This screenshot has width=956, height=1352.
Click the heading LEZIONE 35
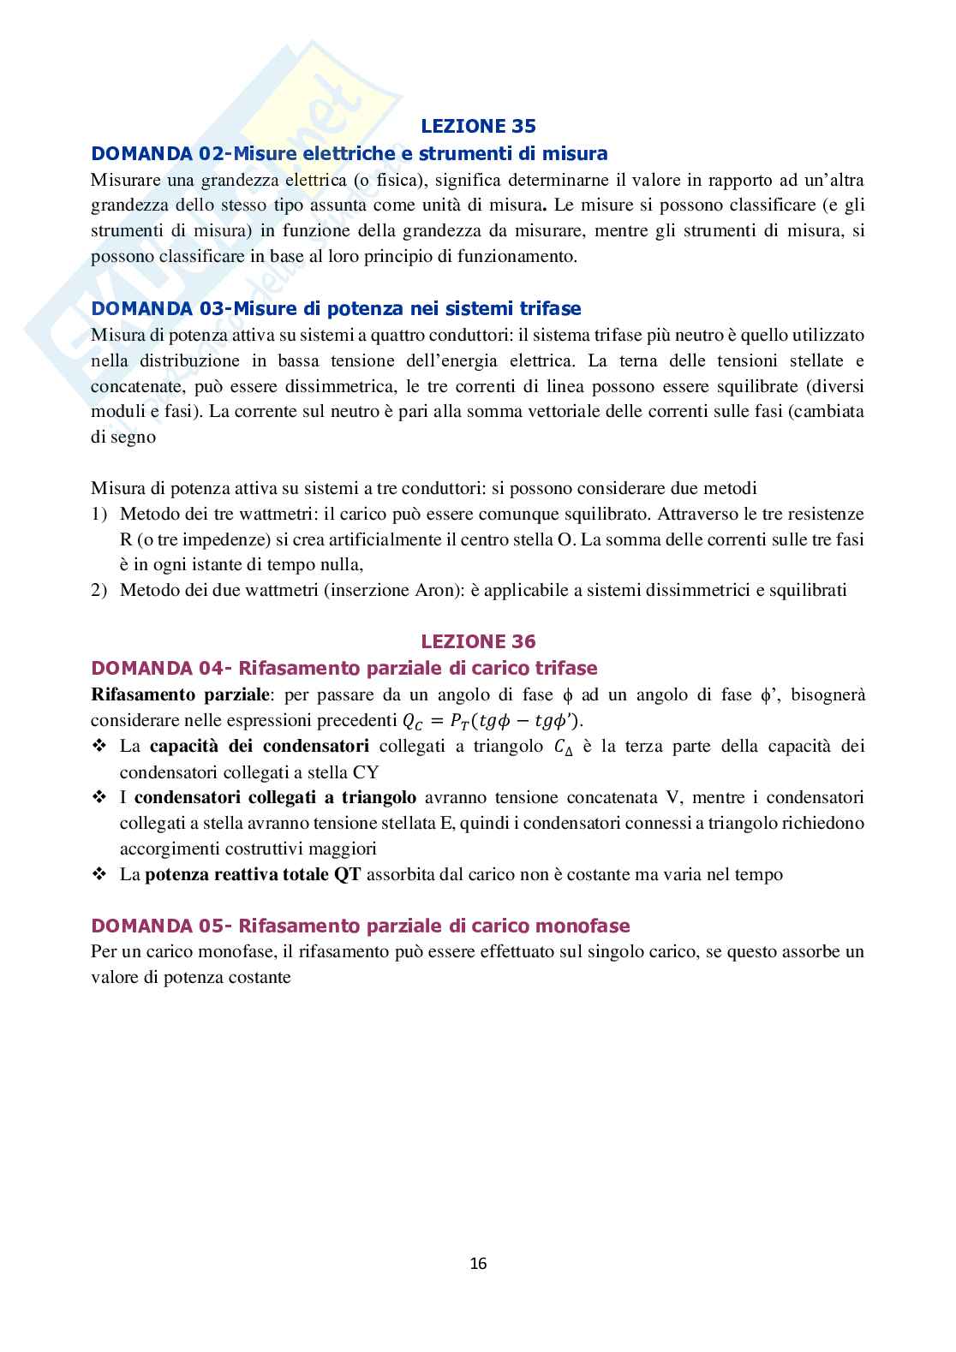[478, 127]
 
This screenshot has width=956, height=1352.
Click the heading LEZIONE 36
[478, 641]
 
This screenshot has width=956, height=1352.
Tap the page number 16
[478, 1263]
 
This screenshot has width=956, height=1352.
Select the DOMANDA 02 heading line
[350, 154]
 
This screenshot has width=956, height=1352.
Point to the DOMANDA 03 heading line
[336, 308]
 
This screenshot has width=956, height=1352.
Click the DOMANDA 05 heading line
[361, 926]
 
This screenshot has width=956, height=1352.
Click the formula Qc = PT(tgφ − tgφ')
[499, 721]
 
